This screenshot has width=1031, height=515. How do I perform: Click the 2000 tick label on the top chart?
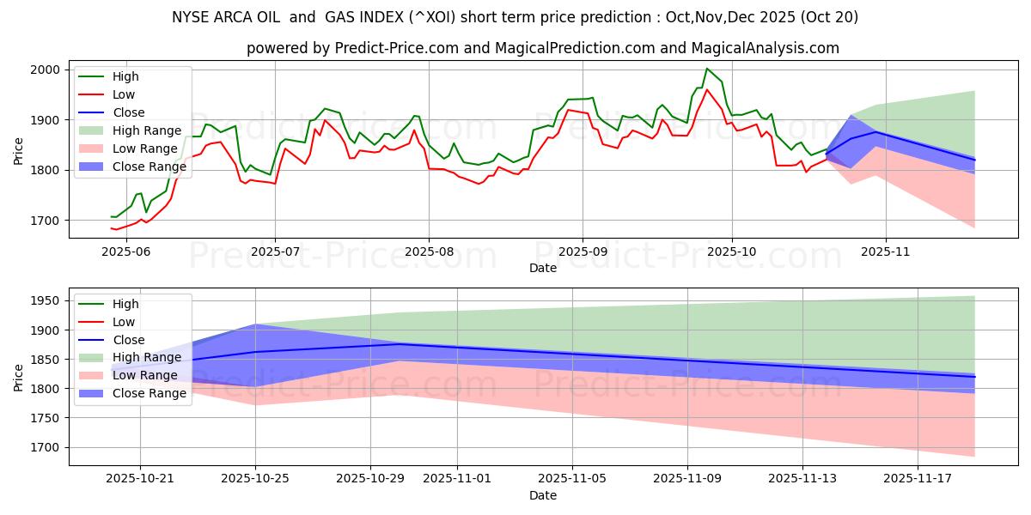pyautogui.click(x=46, y=70)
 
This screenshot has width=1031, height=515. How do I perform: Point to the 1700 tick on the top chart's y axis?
pyautogui.click(x=46, y=221)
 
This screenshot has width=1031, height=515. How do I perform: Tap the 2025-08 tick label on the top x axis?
pyautogui.click(x=428, y=251)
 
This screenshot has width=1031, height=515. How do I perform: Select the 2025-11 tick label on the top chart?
pyautogui.click(x=885, y=251)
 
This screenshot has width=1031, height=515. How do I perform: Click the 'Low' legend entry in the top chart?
pyautogui.click(x=124, y=94)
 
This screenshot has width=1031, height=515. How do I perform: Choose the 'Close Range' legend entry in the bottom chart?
pyautogui.click(x=148, y=393)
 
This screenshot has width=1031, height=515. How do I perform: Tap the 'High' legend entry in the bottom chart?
pyautogui.click(x=125, y=304)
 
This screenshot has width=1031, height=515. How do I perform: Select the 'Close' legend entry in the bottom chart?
pyautogui.click(x=128, y=340)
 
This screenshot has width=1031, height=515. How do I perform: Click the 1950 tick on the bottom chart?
pyautogui.click(x=46, y=300)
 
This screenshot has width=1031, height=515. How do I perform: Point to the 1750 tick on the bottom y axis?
pyautogui.click(x=46, y=418)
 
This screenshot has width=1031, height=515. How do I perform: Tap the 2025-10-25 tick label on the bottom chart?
pyautogui.click(x=255, y=479)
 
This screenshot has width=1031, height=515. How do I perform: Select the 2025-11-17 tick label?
pyautogui.click(x=918, y=479)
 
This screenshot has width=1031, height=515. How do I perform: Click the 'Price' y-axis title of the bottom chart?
pyautogui.click(x=19, y=378)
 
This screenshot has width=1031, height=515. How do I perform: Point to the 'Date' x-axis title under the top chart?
pyautogui.click(x=542, y=268)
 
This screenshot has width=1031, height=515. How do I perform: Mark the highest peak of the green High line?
pyautogui.click(x=707, y=69)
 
